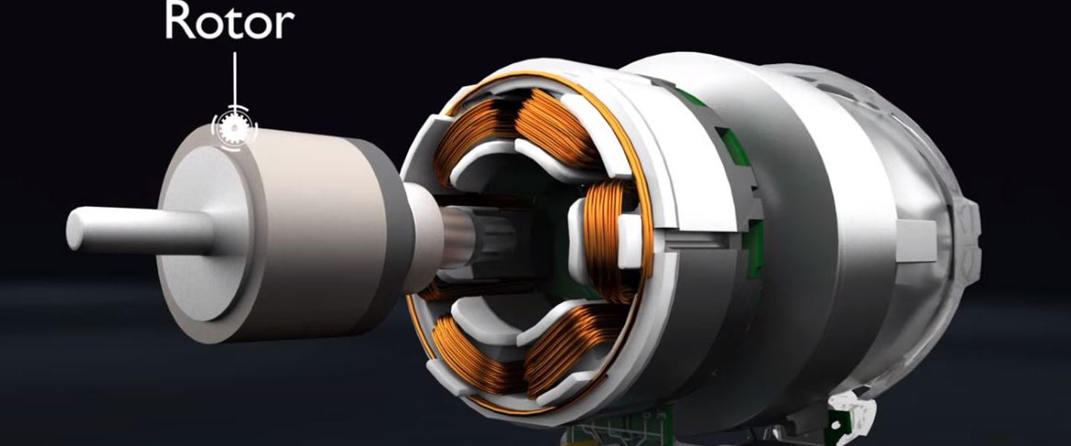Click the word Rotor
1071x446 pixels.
point(230,22)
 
